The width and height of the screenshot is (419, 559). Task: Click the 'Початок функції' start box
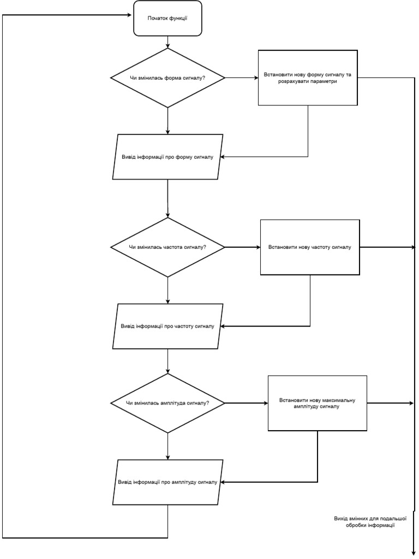[x=167, y=19]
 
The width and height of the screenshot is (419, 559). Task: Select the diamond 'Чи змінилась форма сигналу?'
[x=167, y=78]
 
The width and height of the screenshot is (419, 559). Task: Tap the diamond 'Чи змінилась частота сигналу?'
[x=167, y=247]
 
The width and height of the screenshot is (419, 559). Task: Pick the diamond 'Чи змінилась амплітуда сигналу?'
[x=167, y=403]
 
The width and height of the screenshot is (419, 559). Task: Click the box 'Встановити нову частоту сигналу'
[x=310, y=247]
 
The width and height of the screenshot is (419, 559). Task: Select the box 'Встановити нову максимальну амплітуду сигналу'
[x=317, y=403]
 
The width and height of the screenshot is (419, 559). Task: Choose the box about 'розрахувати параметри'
[x=308, y=77]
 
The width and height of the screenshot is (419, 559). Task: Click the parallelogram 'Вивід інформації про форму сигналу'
[x=167, y=157]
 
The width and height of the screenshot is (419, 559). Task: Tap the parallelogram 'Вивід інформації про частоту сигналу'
[x=167, y=326]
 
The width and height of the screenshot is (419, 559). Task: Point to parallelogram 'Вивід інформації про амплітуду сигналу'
[x=167, y=482]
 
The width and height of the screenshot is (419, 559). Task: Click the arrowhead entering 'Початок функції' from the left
[x=131, y=15]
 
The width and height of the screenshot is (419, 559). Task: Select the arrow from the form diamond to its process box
[x=241, y=78]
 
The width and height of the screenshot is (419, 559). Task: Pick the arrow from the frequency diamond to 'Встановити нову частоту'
[x=242, y=247]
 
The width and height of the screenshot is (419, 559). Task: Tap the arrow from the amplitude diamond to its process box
[x=246, y=403]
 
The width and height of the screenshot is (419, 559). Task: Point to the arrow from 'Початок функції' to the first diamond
[x=167, y=42]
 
